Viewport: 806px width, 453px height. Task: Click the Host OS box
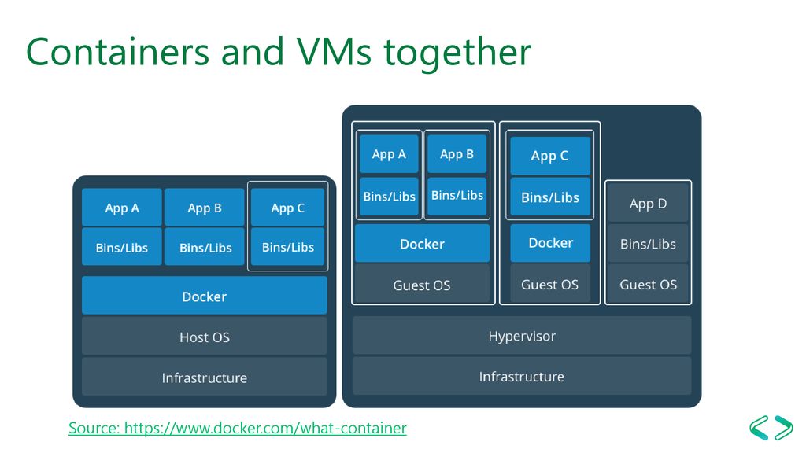(x=204, y=337)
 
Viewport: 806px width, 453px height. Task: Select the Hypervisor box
(x=522, y=336)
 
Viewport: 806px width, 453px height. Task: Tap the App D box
(x=649, y=204)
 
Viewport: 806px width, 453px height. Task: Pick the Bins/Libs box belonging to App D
(x=649, y=244)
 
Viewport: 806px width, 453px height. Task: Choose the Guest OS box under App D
(x=649, y=284)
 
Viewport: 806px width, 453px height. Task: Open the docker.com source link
(x=238, y=428)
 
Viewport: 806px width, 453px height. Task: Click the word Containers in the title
(x=118, y=52)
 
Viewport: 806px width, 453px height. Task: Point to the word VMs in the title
(x=334, y=52)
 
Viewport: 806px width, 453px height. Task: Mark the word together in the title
(x=457, y=53)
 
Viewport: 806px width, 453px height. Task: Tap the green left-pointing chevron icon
(x=759, y=427)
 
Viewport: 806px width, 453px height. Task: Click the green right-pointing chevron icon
(x=783, y=427)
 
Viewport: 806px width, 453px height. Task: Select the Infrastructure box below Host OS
(x=204, y=377)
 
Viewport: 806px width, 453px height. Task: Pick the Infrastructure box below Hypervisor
(x=522, y=376)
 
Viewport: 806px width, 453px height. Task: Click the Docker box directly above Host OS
(x=204, y=296)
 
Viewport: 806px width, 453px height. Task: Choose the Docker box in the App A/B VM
(x=422, y=244)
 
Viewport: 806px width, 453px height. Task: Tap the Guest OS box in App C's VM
(x=549, y=284)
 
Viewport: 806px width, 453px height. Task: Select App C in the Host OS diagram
(x=288, y=208)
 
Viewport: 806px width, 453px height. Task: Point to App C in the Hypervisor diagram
(x=550, y=155)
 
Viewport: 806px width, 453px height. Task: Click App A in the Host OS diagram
(x=122, y=208)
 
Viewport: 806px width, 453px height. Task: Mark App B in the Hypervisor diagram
(x=457, y=153)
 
